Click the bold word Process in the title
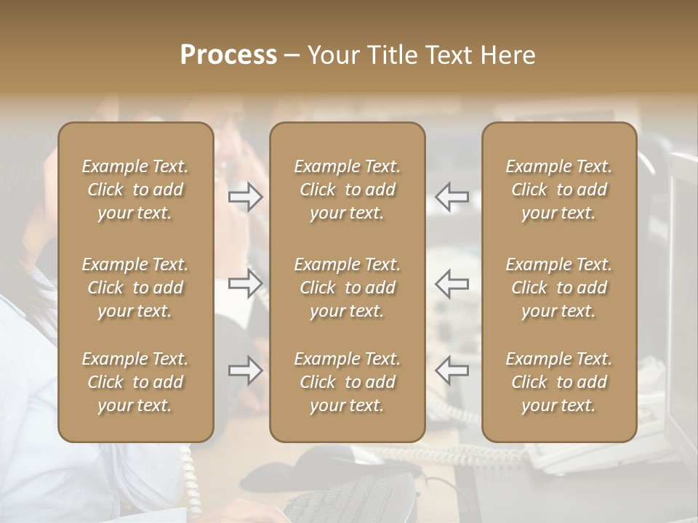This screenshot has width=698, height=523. [228, 55]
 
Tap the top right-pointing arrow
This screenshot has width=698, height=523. [245, 196]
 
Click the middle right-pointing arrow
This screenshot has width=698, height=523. [245, 283]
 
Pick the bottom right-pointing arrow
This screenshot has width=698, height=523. [245, 370]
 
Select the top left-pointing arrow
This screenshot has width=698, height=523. [452, 196]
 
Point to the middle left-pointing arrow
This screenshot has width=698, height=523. [452, 283]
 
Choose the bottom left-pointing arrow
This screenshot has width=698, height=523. [452, 370]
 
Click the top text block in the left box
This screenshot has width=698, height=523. [135, 190]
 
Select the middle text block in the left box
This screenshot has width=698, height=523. [135, 288]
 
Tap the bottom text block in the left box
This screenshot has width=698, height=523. [135, 382]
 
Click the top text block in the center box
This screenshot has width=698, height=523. [347, 190]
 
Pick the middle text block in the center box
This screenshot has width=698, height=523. [347, 288]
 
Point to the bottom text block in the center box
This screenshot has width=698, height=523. [347, 382]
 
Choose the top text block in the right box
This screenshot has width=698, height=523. [558, 190]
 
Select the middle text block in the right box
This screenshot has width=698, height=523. [558, 288]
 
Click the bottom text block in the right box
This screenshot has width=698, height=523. [558, 382]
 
